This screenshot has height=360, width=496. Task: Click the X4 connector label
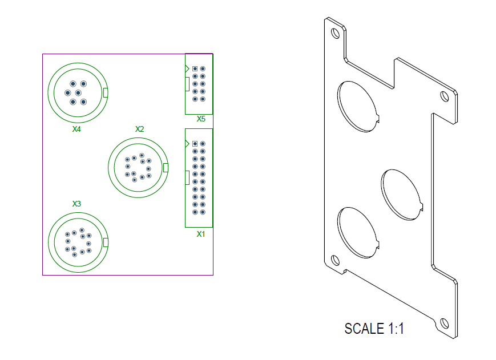tap(76, 130)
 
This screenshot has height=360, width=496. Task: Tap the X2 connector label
tap(139, 129)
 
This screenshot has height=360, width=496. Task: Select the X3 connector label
tap(76, 204)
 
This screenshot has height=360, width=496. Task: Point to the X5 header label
tap(201, 119)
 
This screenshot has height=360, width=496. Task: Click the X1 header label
tap(201, 234)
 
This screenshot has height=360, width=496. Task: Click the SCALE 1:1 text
tap(374, 329)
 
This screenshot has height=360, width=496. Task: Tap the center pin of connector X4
tap(78, 92)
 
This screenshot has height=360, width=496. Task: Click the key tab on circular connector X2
tap(166, 168)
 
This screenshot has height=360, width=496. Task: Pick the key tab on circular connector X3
tap(106, 242)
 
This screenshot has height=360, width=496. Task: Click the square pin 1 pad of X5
tap(195, 68)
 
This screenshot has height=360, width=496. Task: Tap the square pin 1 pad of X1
tap(195, 144)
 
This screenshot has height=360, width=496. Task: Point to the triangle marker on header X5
tap(187, 68)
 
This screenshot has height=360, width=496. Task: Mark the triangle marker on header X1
tap(187, 144)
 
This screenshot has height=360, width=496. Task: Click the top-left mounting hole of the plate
tap(335, 33)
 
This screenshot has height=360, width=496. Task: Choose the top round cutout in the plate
tap(357, 106)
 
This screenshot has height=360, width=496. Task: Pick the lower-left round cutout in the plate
tap(357, 233)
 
